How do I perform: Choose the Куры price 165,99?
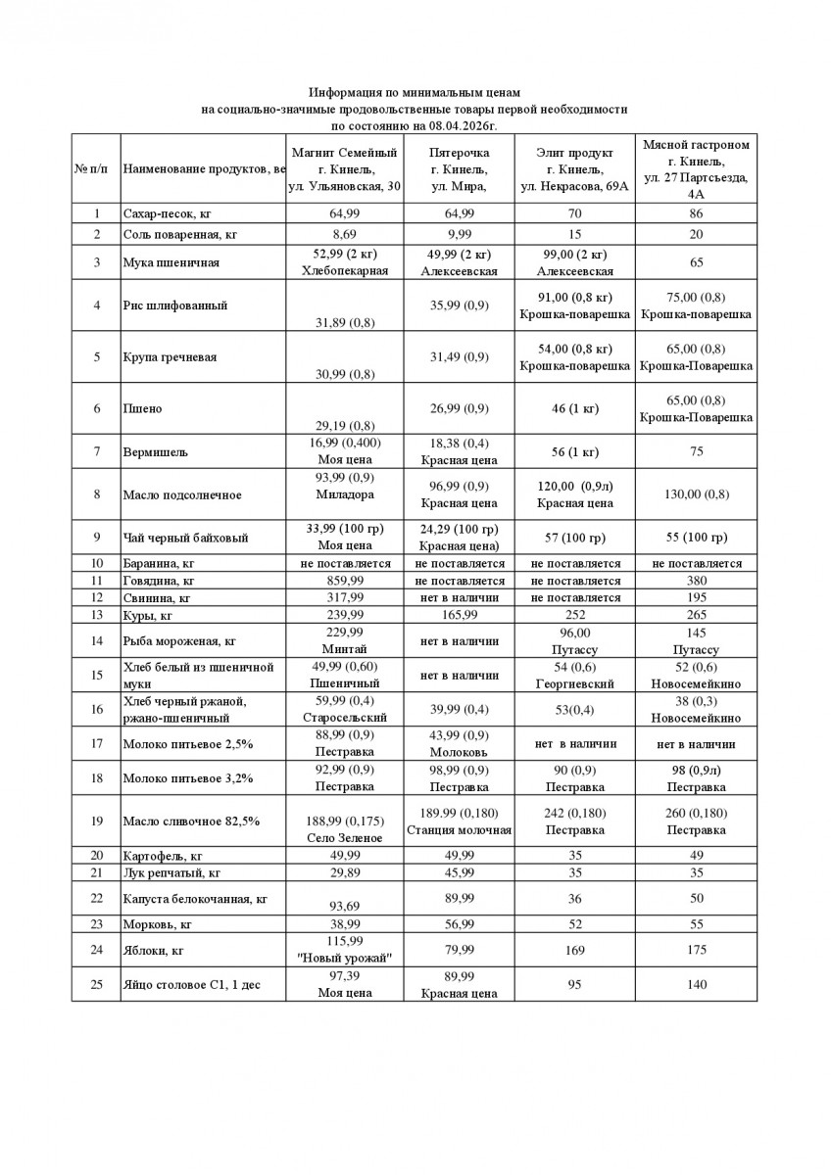coord(460,615)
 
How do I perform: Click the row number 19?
coord(96,821)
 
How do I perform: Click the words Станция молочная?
coord(460,830)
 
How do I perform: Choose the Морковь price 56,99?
coord(460,923)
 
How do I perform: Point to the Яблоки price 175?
coord(696,950)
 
